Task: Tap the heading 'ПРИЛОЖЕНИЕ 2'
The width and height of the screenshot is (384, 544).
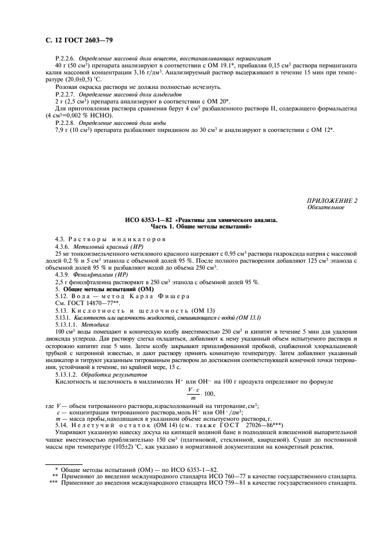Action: click(x=332, y=201)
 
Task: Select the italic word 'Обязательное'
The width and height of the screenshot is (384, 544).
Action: click(x=325, y=207)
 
